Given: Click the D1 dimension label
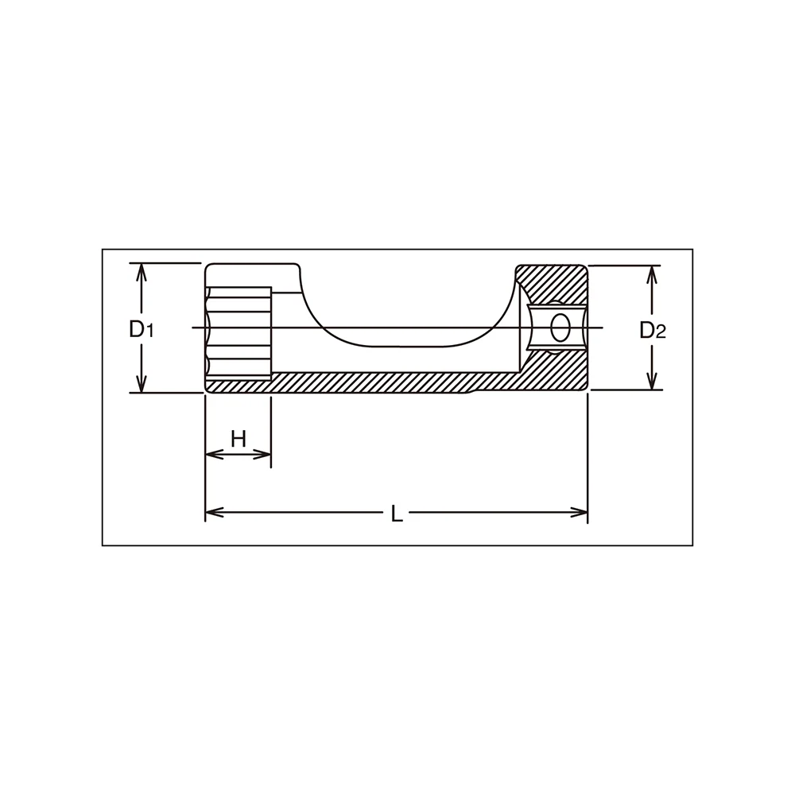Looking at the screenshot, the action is click(x=141, y=330).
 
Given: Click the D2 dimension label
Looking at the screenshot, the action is click(x=653, y=331).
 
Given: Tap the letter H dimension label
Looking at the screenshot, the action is click(x=238, y=439).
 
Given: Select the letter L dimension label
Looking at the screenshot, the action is click(x=397, y=515).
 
